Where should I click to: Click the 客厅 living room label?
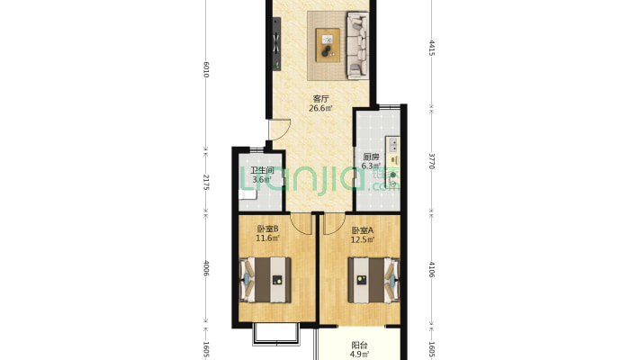point(320,99)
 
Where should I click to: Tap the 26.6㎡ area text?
point(320,108)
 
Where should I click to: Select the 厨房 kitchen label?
point(372,157)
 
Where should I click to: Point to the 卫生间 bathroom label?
point(262,170)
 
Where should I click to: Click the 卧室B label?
point(267,229)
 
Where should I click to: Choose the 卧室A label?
point(363,230)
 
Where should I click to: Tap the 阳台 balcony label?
point(359,346)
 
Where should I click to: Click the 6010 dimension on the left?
point(206,69)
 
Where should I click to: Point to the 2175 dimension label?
point(206,182)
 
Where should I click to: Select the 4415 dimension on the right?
point(432,48)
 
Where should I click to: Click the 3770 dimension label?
point(432,161)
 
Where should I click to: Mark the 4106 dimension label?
point(432,269)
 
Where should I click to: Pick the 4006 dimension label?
point(206,268)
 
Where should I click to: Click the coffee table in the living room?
point(328,45)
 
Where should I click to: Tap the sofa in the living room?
point(357,45)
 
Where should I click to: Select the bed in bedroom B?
point(265,280)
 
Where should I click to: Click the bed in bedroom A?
point(373,280)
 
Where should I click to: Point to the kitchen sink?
point(393,145)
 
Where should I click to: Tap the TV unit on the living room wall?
point(276,44)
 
